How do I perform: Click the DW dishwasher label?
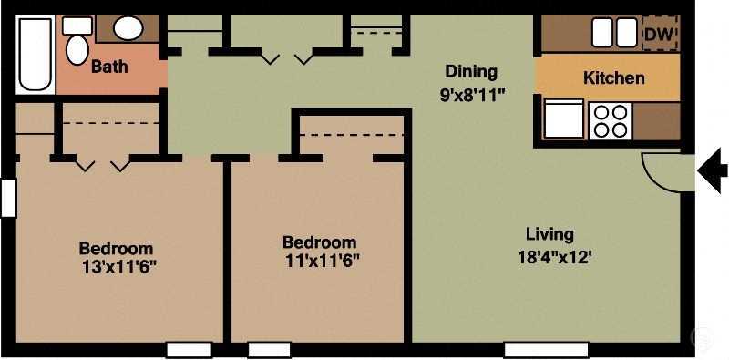[659, 34]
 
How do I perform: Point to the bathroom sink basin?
[128, 28]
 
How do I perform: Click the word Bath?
[109, 67]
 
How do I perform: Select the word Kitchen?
[613, 78]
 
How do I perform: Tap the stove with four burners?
[610, 120]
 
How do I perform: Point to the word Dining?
[471, 72]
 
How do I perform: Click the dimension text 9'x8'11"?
[471, 93]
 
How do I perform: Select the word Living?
[549, 233]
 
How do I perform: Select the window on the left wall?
[8, 198]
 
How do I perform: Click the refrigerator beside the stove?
[563, 119]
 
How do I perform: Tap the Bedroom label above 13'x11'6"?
[116, 248]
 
